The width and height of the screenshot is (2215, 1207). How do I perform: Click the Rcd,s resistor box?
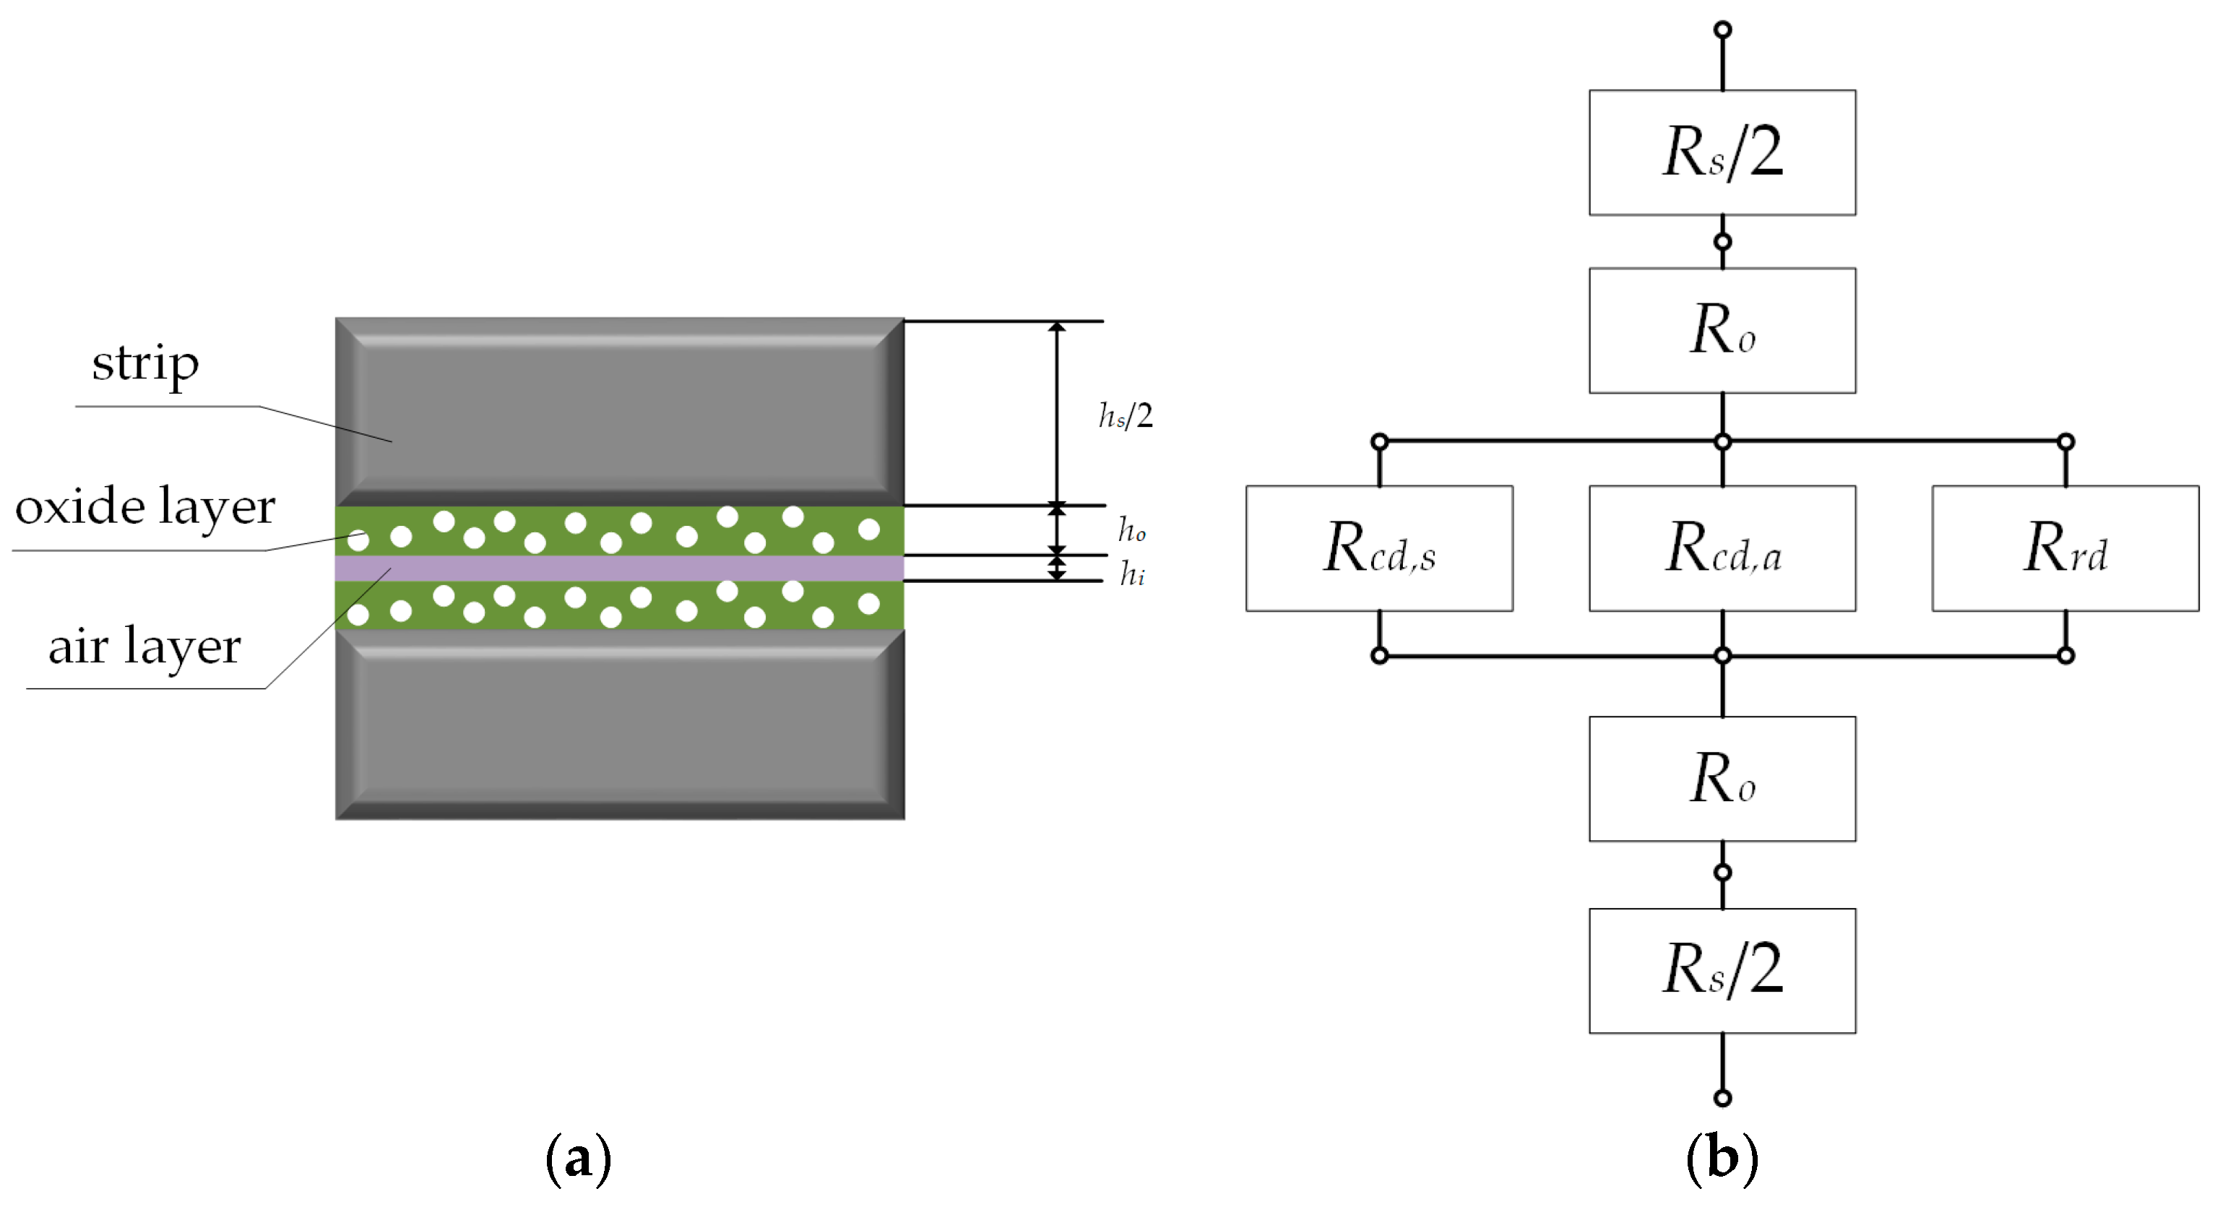[1378, 548]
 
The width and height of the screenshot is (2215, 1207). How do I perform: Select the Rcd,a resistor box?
[1722, 548]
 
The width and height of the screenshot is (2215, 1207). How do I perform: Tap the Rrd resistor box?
[2065, 548]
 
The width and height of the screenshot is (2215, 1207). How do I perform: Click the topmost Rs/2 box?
[1722, 152]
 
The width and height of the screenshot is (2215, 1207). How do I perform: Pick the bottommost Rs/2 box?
[1722, 970]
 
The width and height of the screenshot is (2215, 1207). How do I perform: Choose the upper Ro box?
[1722, 330]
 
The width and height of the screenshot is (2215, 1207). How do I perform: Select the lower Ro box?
[1722, 778]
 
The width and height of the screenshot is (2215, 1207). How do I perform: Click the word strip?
[145, 363]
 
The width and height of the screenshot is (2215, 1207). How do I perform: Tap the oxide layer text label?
[145, 506]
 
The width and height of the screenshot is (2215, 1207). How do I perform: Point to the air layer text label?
[144, 646]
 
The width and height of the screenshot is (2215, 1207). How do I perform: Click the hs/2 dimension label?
[1126, 416]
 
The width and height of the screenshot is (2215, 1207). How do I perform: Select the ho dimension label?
[1131, 529]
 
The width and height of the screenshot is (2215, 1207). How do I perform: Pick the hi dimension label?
[1131, 573]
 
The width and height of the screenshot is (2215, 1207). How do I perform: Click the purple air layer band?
[619, 568]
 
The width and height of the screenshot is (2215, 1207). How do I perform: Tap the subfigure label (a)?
[579, 1158]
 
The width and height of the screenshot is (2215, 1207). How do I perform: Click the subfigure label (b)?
[1722, 1158]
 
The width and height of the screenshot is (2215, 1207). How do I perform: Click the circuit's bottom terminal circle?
[1722, 1098]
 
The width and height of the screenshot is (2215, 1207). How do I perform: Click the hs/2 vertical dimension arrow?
[1057, 412]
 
